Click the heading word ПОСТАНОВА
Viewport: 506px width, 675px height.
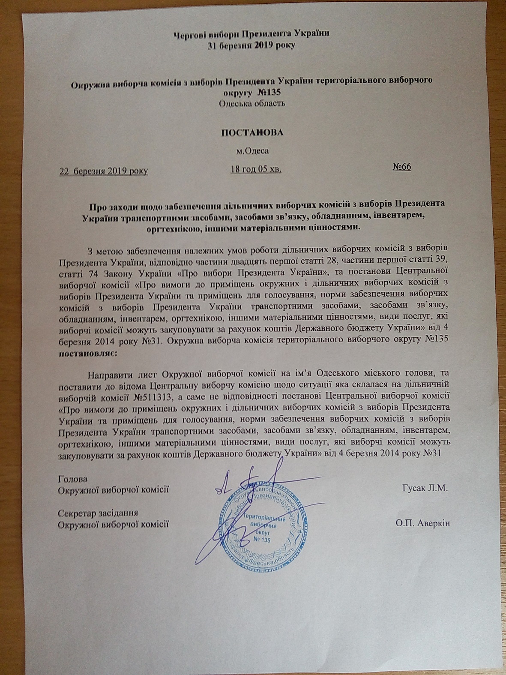252,132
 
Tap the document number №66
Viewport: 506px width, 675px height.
401,167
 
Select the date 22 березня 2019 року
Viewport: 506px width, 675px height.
103,171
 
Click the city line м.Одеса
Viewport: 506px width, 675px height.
252,150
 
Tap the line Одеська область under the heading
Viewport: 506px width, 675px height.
252,103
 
